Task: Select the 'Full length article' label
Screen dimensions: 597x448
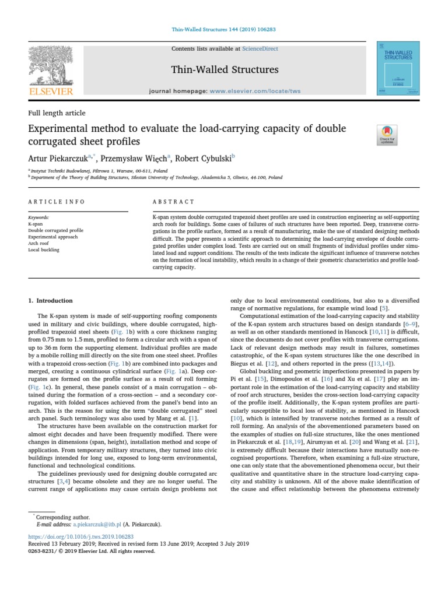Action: pyautogui.click(x=57, y=113)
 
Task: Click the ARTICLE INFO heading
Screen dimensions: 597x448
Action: pyautogui.click(x=57, y=202)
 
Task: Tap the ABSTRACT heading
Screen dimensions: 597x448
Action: pyautogui.click(x=173, y=202)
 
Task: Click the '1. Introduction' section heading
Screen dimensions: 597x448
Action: pyautogui.click(x=51, y=301)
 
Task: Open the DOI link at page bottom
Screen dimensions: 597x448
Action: pyautogui.click(x=81, y=536)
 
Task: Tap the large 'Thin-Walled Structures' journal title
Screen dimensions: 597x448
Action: pyautogui.click(x=225, y=70)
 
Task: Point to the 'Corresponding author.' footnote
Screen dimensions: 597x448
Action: pyautogui.click(x=62, y=517)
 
